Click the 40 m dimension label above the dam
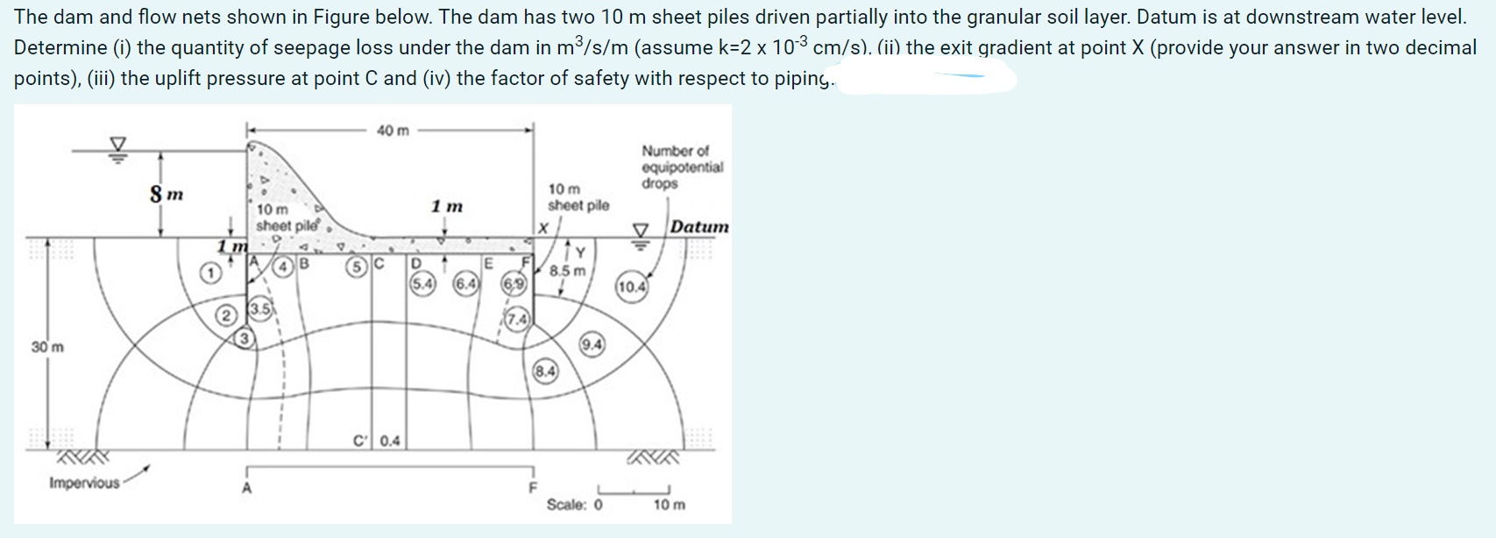pyautogui.click(x=393, y=131)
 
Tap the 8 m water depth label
pyautogui.click(x=166, y=193)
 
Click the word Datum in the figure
pyautogui.click(x=699, y=227)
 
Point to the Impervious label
pyautogui.click(x=84, y=483)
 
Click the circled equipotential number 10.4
pyautogui.click(x=632, y=287)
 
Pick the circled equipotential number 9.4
pyautogui.click(x=592, y=344)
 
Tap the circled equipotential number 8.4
pyautogui.click(x=544, y=372)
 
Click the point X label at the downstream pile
pyautogui.click(x=543, y=228)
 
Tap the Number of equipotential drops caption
pyautogui.click(x=682, y=166)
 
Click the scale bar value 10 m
pyautogui.click(x=670, y=505)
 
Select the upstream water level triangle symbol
pyautogui.click(x=117, y=145)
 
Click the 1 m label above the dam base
pyautogui.click(x=447, y=207)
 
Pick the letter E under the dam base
pyautogui.click(x=489, y=262)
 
